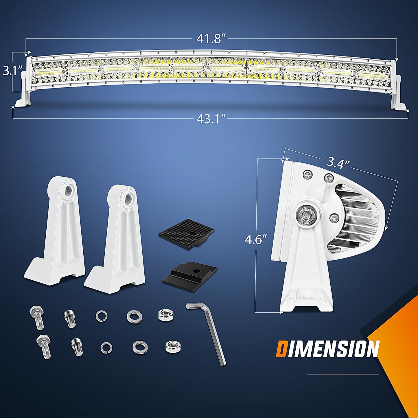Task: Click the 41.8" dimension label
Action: click(x=211, y=39)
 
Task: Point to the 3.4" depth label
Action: click(x=338, y=164)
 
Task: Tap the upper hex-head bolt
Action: click(x=37, y=318)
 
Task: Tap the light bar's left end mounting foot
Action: click(x=23, y=98)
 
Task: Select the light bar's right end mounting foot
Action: click(x=397, y=98)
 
